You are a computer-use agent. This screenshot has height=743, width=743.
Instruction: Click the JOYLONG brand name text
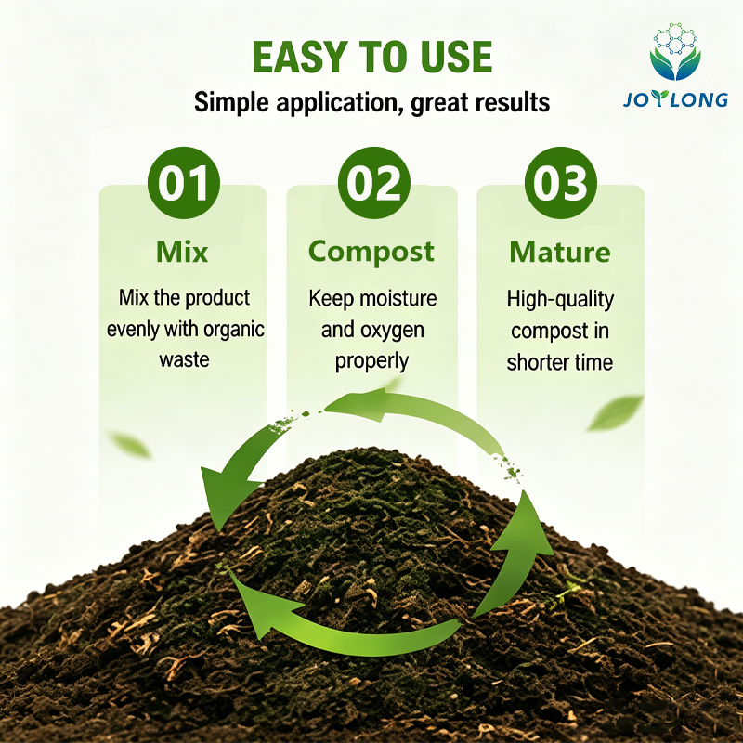675,99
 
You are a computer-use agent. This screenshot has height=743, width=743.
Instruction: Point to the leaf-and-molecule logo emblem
675,51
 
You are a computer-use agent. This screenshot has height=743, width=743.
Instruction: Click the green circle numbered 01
183,183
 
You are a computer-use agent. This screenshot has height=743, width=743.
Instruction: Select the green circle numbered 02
374,183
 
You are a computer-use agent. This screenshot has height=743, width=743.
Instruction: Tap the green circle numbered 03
561,183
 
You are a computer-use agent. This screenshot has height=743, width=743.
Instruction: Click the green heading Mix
182,252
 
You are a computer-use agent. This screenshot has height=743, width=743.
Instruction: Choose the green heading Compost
371,253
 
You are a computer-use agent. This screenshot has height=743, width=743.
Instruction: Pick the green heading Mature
560,252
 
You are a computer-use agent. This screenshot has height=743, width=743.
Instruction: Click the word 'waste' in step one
184,359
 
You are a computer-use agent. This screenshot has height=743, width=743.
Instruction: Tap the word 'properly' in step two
372,362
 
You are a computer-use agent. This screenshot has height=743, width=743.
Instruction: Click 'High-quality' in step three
560,300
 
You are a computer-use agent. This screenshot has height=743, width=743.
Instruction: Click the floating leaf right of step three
615,412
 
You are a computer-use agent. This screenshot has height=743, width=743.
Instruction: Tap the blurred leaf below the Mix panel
129,445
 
